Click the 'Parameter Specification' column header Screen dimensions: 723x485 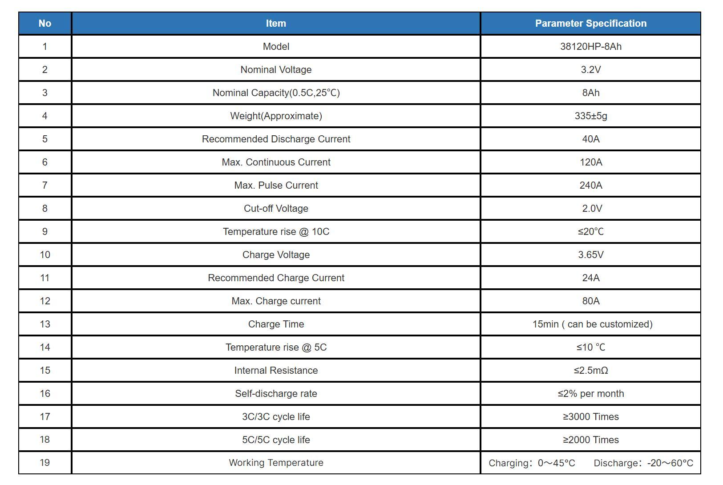(x=591, y=23)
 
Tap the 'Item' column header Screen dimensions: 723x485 (x=276, y=23)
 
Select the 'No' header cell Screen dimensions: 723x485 (x=45, y=23)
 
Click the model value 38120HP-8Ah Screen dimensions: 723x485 (x=591, y=46)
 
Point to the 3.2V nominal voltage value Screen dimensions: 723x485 (x=591, y=70)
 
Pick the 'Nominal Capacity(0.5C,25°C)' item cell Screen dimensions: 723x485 (x=276, y=93)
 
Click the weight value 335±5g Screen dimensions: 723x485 (x=591, y=116)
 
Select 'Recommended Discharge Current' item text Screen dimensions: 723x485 (x=276, y=139)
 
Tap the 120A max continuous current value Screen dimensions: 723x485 (x=591, y=162)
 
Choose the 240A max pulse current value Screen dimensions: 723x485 (x=591, y=185)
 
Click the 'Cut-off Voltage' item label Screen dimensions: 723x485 (x=276, y=208)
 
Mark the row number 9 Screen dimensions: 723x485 (x=45, y=232)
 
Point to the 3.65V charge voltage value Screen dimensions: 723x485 (x=591, y=255)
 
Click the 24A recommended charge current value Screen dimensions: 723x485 (x=591, y=278)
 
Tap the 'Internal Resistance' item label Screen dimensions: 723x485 (x=276, y=371)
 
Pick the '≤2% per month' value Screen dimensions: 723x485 (x=591, y=394)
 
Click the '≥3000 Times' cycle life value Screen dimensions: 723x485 (x=591, y=416)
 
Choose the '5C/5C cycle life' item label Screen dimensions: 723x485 (x=276, y=440)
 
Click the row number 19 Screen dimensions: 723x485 (x=45, y=463)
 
